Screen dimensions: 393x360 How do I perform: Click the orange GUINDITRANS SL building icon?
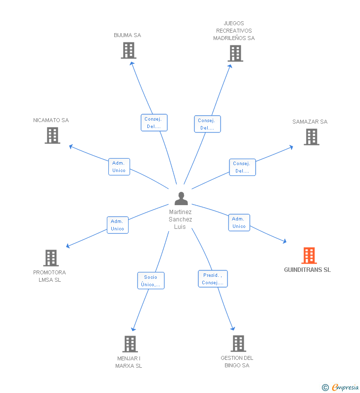point(309,256)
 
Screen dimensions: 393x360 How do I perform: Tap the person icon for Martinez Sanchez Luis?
point(181,198)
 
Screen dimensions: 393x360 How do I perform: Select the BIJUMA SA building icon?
point(129,50)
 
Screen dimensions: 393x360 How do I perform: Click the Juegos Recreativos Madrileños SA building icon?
point(235,53)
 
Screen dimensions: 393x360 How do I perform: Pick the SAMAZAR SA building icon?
point(311,137)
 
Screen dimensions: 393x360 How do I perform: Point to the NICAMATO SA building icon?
point(52,135)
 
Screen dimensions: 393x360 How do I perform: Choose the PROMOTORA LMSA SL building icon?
point(51,258)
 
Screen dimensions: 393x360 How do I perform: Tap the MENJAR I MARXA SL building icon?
point(130,344)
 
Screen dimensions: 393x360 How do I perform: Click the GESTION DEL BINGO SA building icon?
point(238,343)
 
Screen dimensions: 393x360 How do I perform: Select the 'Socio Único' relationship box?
point(151,281)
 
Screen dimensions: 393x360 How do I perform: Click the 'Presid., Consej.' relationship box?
point(213,279)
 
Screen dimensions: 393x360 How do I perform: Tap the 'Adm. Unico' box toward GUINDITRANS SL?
point(239,222)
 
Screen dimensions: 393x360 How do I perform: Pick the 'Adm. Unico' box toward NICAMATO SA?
point(119,167)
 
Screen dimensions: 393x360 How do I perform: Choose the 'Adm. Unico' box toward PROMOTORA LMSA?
point(118,225)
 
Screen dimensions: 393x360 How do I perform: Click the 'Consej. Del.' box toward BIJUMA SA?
point(154,123)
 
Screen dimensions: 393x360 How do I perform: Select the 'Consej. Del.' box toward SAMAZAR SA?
point(242,167)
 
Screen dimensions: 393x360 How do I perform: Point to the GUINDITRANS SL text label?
point(307,270)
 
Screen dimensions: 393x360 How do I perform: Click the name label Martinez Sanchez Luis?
point(180,219)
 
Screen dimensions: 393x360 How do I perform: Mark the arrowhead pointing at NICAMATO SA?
point(71,146)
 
